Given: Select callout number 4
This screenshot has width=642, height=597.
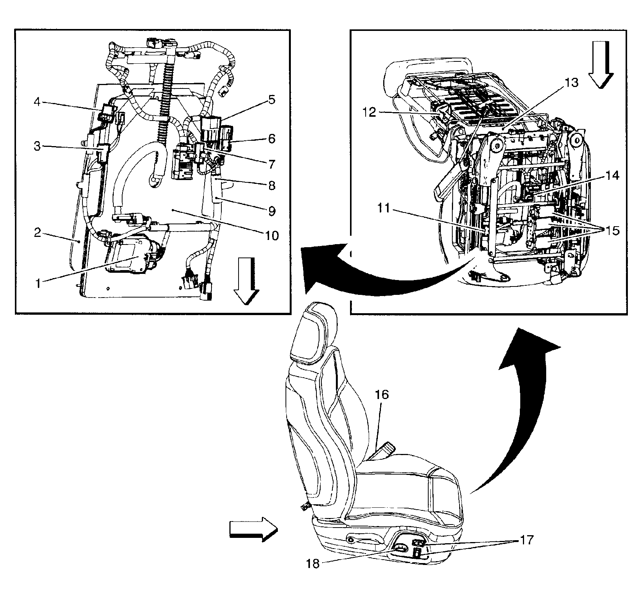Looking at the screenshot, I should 37,102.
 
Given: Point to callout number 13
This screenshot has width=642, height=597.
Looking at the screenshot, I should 571,83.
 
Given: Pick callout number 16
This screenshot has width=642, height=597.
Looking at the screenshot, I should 382,394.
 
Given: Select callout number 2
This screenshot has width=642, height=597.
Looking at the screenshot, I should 37,232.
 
